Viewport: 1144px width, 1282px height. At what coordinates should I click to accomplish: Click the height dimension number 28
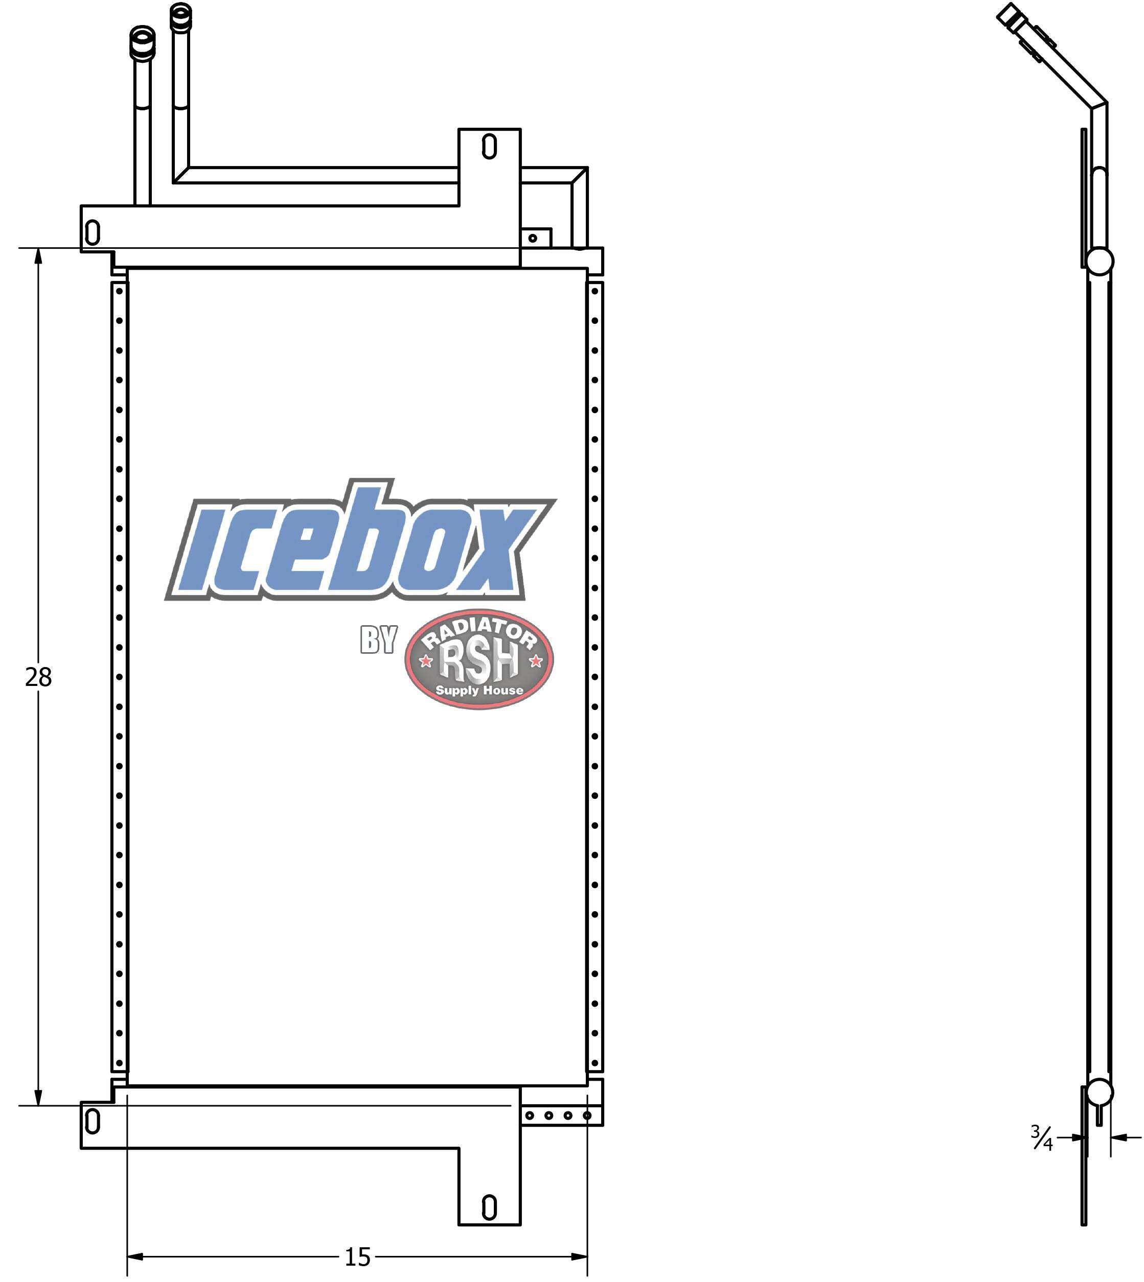point(38,677)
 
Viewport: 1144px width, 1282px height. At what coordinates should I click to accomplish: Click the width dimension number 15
point(358,1257)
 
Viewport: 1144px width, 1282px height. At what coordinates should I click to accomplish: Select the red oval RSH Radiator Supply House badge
point(479,659)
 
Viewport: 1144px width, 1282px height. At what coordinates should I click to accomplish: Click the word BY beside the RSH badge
point(378,639)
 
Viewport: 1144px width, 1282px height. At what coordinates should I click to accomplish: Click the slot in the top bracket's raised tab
point(489,147)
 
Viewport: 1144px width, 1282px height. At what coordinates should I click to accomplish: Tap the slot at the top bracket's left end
point(93,232)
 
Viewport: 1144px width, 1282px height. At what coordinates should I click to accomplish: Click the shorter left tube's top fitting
point(142,43)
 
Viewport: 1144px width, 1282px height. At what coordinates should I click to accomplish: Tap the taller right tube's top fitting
point(181,17)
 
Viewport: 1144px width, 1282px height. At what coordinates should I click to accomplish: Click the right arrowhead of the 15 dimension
point(580,1257)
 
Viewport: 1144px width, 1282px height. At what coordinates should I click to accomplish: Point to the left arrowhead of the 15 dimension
point(134,1257)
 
